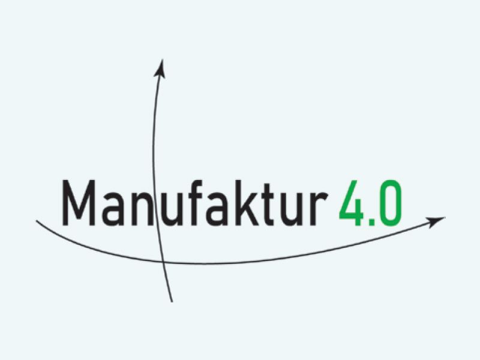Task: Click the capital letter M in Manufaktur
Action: (x=78, y=203)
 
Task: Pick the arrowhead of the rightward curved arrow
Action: (x=436, y=221)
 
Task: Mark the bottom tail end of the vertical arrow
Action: (x=172, y=302)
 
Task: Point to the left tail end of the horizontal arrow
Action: (x=37, y=221)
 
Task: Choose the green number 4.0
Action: (x=370, y=203)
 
